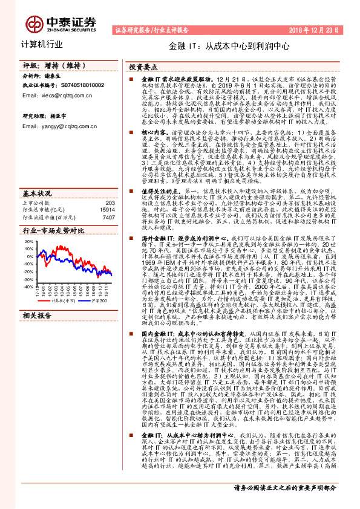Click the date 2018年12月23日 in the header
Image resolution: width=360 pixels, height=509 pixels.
(x=318, y=29)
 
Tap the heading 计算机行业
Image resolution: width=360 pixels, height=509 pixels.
(x=42, y=44)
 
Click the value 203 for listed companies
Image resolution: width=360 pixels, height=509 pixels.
(x=110, y=186)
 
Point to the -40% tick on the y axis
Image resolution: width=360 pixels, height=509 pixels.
(x=28, y=287)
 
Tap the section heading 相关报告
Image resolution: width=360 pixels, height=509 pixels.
(x=38, y=333)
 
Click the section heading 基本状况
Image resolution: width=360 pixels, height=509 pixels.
(x=37, y=176)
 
